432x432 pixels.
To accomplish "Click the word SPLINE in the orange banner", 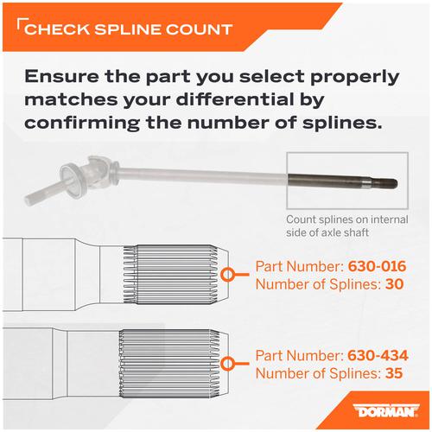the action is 127,29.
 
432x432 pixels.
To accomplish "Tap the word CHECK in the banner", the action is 57,29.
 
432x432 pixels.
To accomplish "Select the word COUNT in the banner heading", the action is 199,29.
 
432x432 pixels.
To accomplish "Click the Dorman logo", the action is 386,411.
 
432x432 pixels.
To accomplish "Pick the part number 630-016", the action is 378,266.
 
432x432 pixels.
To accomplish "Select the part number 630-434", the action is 378,355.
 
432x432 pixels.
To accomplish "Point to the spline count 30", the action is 394,284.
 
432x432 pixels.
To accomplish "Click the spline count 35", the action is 394,373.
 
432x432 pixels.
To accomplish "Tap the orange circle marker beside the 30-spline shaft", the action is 228,275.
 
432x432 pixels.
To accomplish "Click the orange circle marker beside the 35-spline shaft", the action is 228,364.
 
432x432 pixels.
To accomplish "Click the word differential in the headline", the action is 250,100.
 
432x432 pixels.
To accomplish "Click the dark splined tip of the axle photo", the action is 386,183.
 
